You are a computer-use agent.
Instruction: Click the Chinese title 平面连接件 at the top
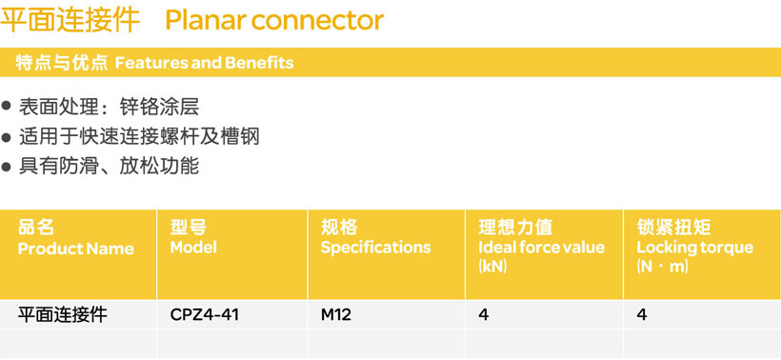(70, 20)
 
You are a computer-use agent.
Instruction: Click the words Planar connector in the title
(274, 20)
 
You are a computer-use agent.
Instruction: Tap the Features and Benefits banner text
(204, 63)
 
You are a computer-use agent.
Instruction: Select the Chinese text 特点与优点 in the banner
(61, 63)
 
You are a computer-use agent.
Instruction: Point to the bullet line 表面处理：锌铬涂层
(110, 107)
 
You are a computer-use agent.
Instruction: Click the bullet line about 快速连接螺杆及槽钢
(139, 136)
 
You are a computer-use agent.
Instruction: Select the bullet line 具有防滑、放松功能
(110, 166)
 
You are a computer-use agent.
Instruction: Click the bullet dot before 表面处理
(6, 107)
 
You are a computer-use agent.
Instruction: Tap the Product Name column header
(75, 249)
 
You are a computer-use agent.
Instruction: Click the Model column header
(193, 248)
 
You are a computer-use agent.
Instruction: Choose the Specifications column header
(375, 248)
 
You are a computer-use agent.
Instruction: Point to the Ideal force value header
(541, 248)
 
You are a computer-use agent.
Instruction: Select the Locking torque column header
(695, 248)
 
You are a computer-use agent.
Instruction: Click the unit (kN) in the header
(492, 267)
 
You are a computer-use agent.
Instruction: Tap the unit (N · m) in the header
(663, 267)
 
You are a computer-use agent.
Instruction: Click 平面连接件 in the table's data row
(62, 315)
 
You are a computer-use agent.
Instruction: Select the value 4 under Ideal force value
(483, 315)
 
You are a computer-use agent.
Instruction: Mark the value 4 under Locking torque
(642, 315)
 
